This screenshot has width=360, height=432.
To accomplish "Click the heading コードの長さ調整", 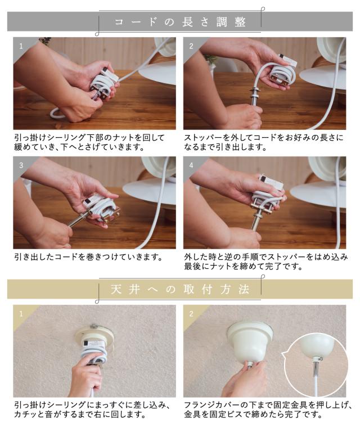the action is (180, 22).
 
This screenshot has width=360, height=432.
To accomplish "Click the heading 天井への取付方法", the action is (180, 290).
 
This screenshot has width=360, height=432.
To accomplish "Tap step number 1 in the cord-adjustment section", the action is (21, 46).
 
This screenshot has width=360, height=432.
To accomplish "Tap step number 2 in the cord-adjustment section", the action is (191, 46).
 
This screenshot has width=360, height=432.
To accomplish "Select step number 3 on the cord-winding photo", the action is (21, 165).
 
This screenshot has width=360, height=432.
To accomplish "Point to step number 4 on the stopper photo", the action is (191, 165).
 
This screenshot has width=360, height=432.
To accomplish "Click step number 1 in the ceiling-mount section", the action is (21, 313).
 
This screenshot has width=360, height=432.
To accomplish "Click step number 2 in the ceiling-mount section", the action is (191, 313).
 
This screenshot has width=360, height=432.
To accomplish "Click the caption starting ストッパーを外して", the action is (264, 142).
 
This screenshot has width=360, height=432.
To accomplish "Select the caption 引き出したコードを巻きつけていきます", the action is (88, 257).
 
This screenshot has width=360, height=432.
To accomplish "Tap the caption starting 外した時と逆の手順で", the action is (266, 262).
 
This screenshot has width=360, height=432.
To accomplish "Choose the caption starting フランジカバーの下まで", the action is (268, 409).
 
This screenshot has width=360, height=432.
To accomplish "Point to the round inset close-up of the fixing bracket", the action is (316, 364).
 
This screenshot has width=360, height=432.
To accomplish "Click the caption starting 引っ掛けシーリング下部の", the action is (89, 142).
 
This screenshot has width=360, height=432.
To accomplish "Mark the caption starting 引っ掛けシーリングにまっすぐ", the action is (92, 409).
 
